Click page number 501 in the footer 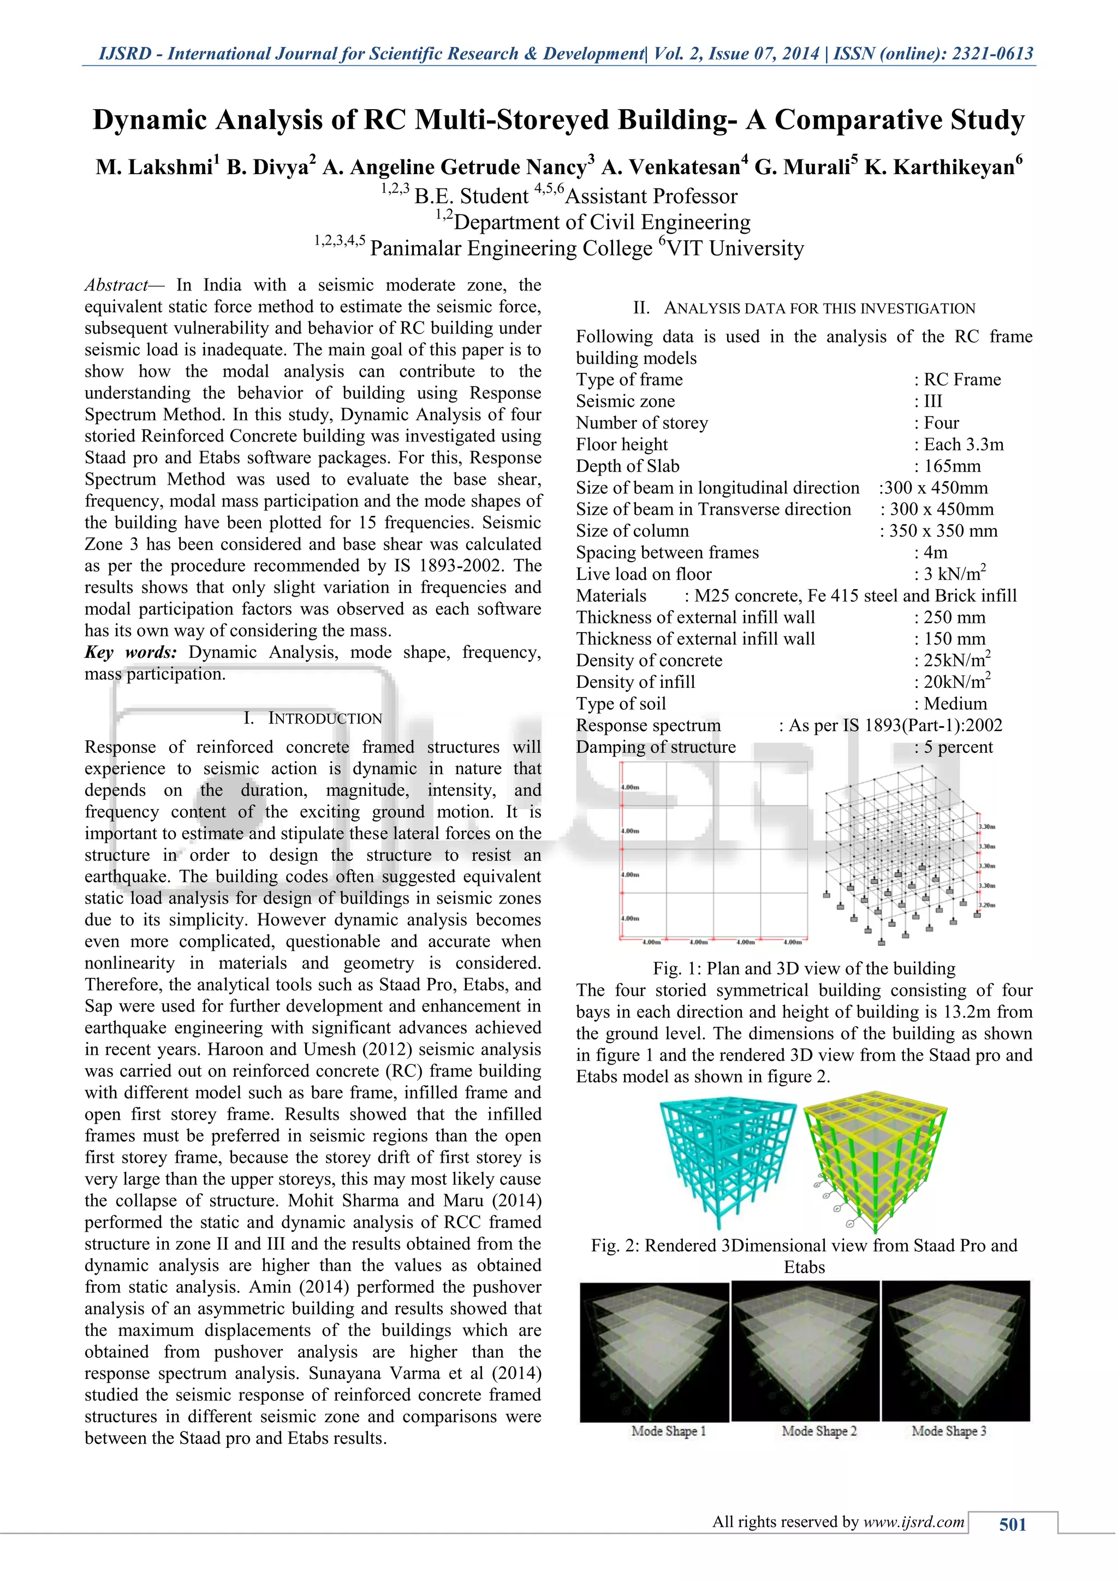1012,1525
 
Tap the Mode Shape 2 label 819,1431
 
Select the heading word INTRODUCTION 325,718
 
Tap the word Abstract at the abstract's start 116,285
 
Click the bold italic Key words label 131,652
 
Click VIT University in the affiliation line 735,248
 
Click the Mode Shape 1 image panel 654,1351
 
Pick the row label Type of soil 621,704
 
